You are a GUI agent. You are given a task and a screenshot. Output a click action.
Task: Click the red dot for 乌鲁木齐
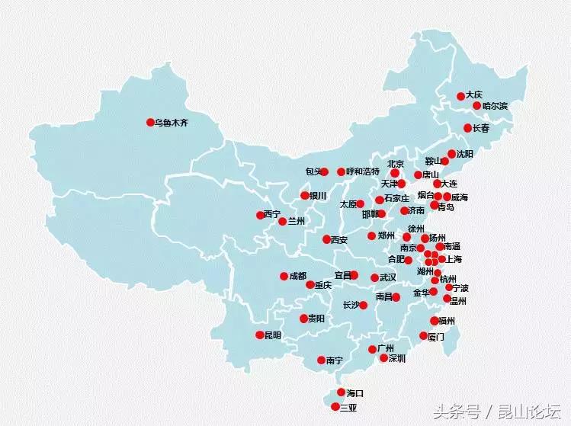tap(150, 122)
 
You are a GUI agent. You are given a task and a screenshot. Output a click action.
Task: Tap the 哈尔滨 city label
tap(495, 106)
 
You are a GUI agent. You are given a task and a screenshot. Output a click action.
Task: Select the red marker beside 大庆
tap(460, 96)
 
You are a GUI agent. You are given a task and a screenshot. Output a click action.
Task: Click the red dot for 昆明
tap(260, 335)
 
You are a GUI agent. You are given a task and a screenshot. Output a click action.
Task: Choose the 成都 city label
tap(298, 276)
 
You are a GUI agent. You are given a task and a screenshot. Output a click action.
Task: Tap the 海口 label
tap(355, 393)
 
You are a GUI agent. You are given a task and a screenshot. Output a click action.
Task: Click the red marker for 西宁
tap(260, 215)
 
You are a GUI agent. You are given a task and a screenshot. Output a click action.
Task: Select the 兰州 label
tap(296, 221)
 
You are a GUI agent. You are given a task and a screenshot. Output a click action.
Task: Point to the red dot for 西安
tap(326, 239)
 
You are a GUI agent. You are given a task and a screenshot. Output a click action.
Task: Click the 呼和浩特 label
tap(362, 171)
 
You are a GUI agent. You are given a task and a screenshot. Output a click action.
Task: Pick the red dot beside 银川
tap(305, 195)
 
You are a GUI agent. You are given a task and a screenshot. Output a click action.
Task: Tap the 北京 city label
tap(395, 163)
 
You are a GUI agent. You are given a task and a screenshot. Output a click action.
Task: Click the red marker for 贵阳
tap(303, 319)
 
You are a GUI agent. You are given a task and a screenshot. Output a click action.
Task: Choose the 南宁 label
tap(334, 360)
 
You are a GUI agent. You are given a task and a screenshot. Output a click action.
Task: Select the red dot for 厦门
tap(424, 335)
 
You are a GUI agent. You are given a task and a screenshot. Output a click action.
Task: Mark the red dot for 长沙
tap(364, 305)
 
